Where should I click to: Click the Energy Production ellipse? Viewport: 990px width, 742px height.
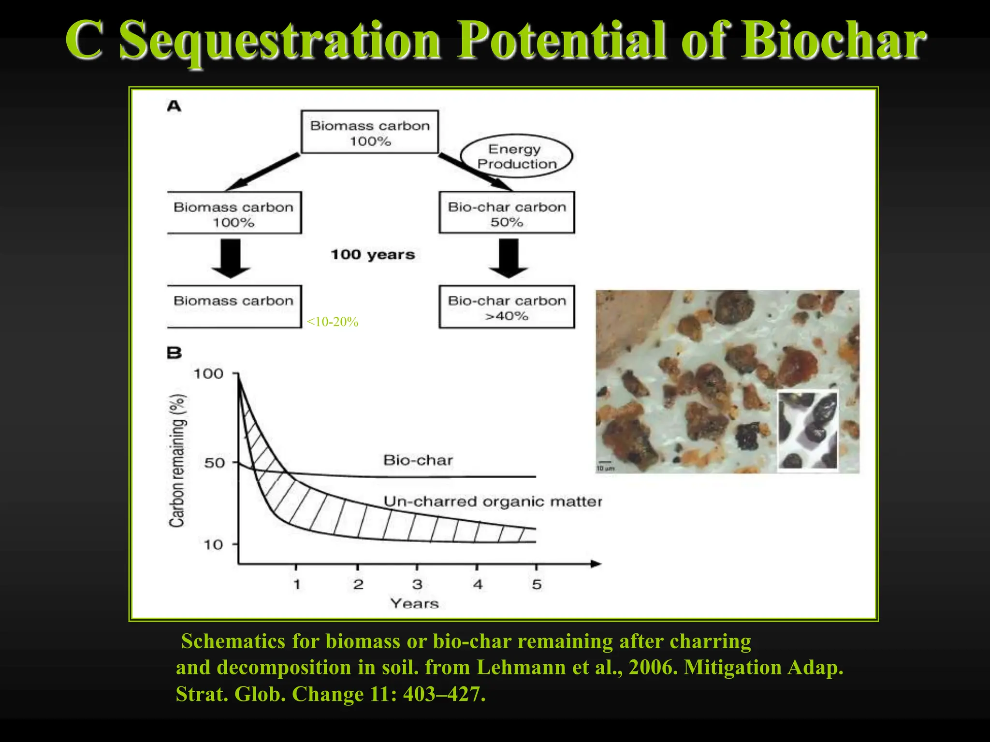click(516, 156)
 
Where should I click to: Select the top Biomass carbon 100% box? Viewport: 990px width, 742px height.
click(370, 132)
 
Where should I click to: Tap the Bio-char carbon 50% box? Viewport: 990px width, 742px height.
click(507, 213)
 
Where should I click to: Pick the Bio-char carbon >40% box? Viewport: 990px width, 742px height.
click(507, 307)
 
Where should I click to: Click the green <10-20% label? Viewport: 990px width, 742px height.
click(333, 322)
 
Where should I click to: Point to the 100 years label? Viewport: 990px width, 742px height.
click(373, 255)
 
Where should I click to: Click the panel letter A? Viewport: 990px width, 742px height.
click(174, 106)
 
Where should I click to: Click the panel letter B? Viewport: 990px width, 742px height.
click(174, 353)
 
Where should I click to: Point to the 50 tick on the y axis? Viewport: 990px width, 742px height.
click(214, 463)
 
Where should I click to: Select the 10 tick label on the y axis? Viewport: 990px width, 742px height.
click(213, 545)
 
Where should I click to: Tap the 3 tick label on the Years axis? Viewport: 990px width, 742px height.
click(417, 585)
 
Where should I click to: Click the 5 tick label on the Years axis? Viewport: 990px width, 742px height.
click(537, 585)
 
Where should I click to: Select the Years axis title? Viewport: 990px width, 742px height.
click(415, 603)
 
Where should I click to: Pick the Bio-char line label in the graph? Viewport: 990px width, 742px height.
click(418, 460)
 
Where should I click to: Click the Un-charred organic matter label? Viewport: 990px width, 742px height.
click(493, 501)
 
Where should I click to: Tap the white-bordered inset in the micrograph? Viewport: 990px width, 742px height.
click(807, 430)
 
